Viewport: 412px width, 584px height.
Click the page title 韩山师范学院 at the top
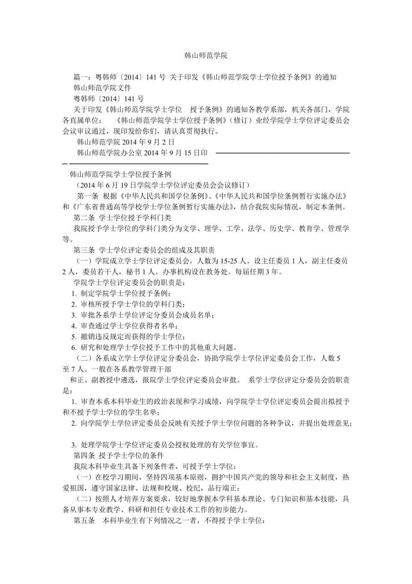[206, 56]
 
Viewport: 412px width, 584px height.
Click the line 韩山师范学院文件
[102, 87]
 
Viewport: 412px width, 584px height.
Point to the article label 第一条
[88, 196]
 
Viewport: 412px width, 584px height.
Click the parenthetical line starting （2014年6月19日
[160, 185]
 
